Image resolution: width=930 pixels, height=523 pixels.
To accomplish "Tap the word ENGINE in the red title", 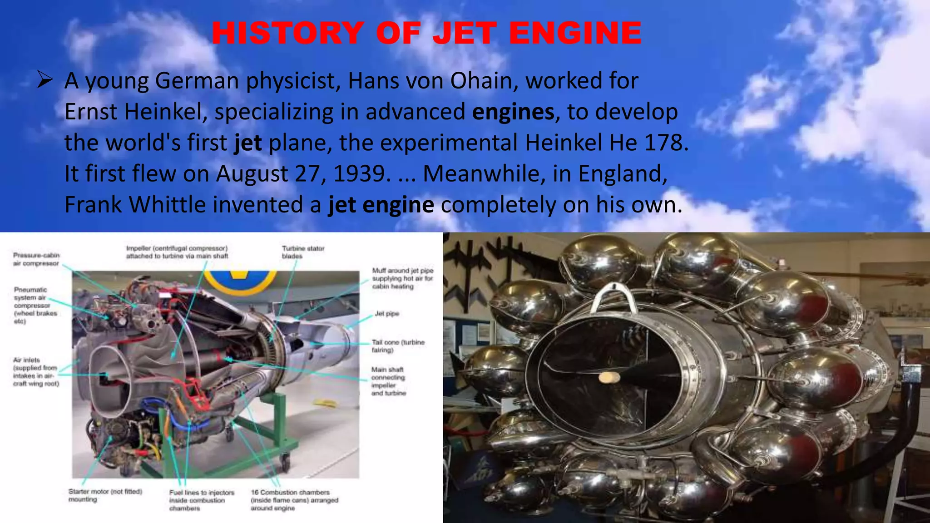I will click(x=575, y=33).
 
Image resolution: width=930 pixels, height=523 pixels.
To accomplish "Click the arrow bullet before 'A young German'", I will click(x=45, y=80).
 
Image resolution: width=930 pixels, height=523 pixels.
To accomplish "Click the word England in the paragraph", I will click(x=622, y=173).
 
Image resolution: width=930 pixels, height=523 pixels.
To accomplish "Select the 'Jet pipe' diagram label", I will click(x=387, y=314).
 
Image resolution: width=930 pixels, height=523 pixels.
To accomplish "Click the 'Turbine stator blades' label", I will click(x=303, y=252).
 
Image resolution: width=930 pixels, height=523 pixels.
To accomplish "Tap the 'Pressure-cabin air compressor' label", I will click(x=36, y=259).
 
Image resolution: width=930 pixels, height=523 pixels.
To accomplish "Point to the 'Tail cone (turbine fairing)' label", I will click(x=398, y=346).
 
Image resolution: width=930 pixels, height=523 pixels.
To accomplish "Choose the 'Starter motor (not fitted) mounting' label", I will click(x=105, y=495).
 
